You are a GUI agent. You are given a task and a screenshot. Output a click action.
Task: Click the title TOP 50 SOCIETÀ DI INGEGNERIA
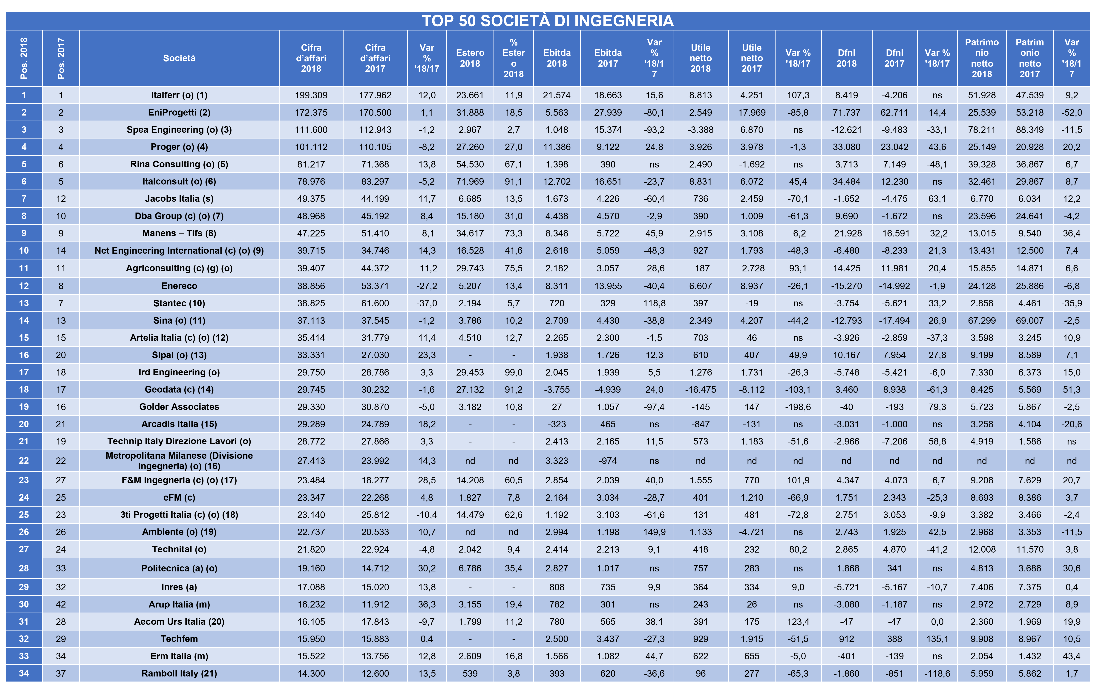[547, 21]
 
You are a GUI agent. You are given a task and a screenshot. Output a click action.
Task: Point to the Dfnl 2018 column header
[846, 58]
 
